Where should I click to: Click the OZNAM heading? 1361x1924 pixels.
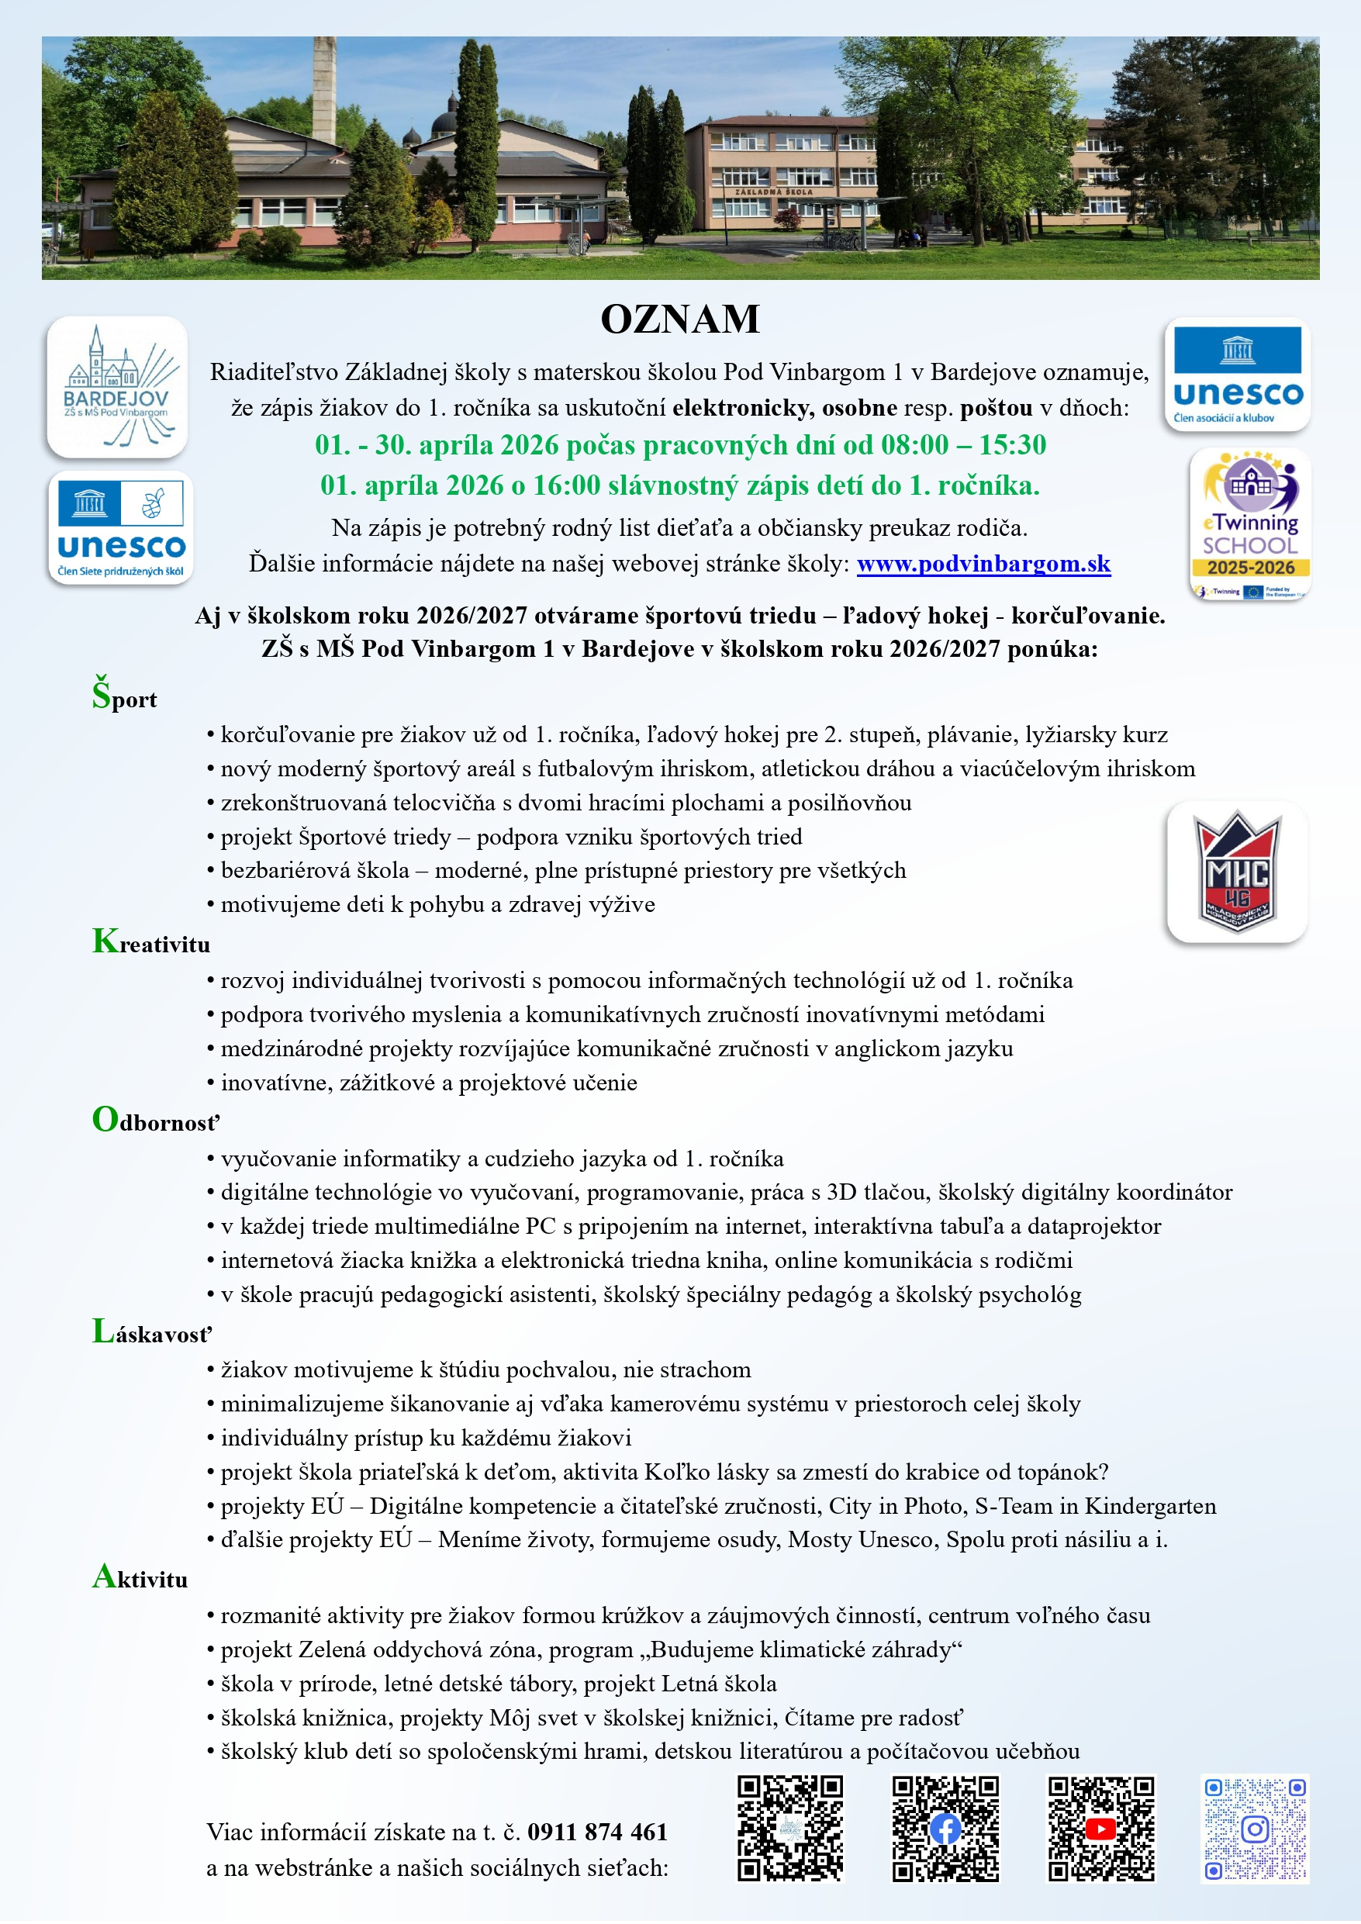pyautogui.click(x=679, y=320)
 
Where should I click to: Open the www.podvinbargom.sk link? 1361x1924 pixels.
pyautogui.click(x=983, y=564)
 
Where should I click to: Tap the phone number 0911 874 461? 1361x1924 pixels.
pyautogui.click(x=598, y=1832)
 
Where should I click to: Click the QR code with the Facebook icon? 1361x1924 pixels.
pyautogui.click(x=945, y=1829)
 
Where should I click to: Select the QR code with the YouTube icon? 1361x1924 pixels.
pyautogui.click(x=1100, y=1829)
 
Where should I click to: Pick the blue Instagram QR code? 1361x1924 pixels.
pyautogui.click(x=1255, y=1829)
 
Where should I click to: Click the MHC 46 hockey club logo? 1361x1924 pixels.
pyautogui.click(x=1237, y=872)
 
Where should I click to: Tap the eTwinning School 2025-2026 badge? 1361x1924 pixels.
pyautogui.click(x=1249, y=523)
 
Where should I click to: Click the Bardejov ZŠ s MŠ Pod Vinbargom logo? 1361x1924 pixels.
pyautogui.click(x=117, y=387)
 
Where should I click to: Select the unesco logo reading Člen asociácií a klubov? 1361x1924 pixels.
pyautogui.click(x=1237, y=375)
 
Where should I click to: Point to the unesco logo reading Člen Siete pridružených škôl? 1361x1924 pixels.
pyautogui.click(x=121, y=528)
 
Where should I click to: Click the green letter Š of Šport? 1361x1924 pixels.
pyautogui.click(x=102, y=694)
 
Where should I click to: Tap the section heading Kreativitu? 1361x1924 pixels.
pyautogui.click(x=152, y=943)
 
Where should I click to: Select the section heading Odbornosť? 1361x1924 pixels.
pyautogui.click(x=156, y=1121)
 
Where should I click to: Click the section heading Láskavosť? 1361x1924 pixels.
pyautogui.click(x=153, y=1332)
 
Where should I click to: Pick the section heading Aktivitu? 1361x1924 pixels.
pyautogui.click(x=140, y=1578)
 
